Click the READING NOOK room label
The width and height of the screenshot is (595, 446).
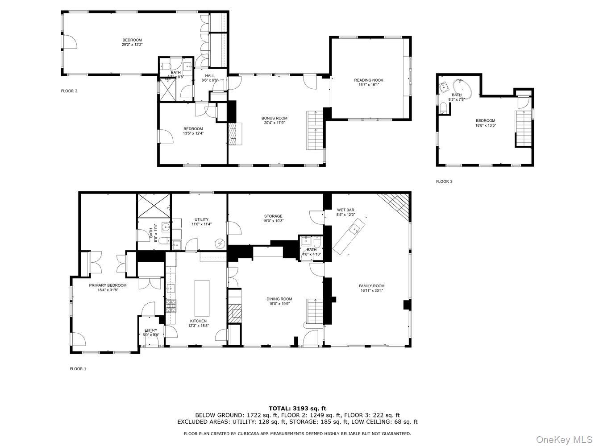coord(369,80)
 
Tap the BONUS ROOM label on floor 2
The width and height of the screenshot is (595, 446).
coord(274,118)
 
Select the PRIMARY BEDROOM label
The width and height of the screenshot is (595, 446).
coord(108,285)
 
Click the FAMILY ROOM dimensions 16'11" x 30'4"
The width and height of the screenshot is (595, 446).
coord(372,290)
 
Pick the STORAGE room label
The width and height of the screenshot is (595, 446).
coord(273,216)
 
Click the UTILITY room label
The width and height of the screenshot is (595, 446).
coord(201,219)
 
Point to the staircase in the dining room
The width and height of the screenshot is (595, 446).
coord(314,312)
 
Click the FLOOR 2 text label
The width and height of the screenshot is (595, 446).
coord(69,91)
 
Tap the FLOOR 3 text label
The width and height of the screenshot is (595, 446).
coord(444,182)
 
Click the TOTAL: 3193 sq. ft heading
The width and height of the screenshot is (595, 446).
coord(297,408)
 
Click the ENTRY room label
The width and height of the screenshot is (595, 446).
coord(151,330)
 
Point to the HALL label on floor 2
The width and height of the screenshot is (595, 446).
coord(210,76)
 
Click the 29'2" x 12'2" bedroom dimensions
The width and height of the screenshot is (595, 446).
coord(132,45)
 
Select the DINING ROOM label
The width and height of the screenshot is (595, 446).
coord(279,299)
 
